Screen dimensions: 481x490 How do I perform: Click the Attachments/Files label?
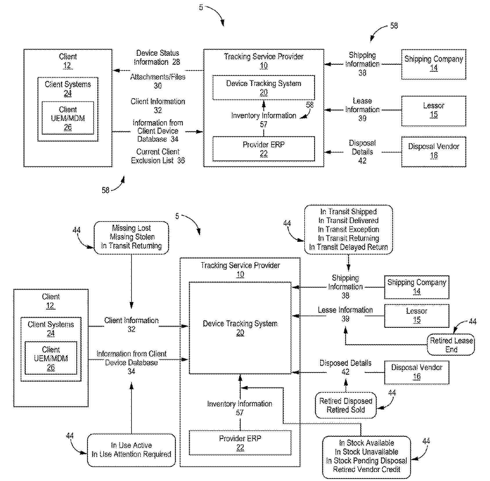pos(158,77)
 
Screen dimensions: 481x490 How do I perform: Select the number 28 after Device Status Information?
pos(176,62)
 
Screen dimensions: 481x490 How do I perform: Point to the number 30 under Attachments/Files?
pos(158,86)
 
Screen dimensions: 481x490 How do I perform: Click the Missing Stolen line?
pos(132,237)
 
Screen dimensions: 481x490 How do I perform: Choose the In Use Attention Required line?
pos(131,454)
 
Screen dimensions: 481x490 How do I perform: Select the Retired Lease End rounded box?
pos(451,345)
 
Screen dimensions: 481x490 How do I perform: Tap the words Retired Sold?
pos(345,410)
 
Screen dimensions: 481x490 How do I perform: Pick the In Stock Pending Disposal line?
pos(366,461)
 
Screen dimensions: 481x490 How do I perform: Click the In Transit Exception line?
pos(348,229)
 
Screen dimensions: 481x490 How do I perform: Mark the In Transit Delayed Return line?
pos(348,247)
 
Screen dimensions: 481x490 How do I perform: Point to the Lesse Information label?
pos(345,310)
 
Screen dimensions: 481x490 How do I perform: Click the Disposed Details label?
pos(345,363)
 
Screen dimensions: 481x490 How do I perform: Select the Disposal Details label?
pos(362,147)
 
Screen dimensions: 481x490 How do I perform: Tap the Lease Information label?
pos(362,105)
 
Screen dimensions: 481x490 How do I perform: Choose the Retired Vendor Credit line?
pos(366,469)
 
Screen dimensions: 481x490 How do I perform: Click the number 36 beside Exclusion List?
pos(181,160)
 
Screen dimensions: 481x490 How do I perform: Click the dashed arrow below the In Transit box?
pos(348,263)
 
